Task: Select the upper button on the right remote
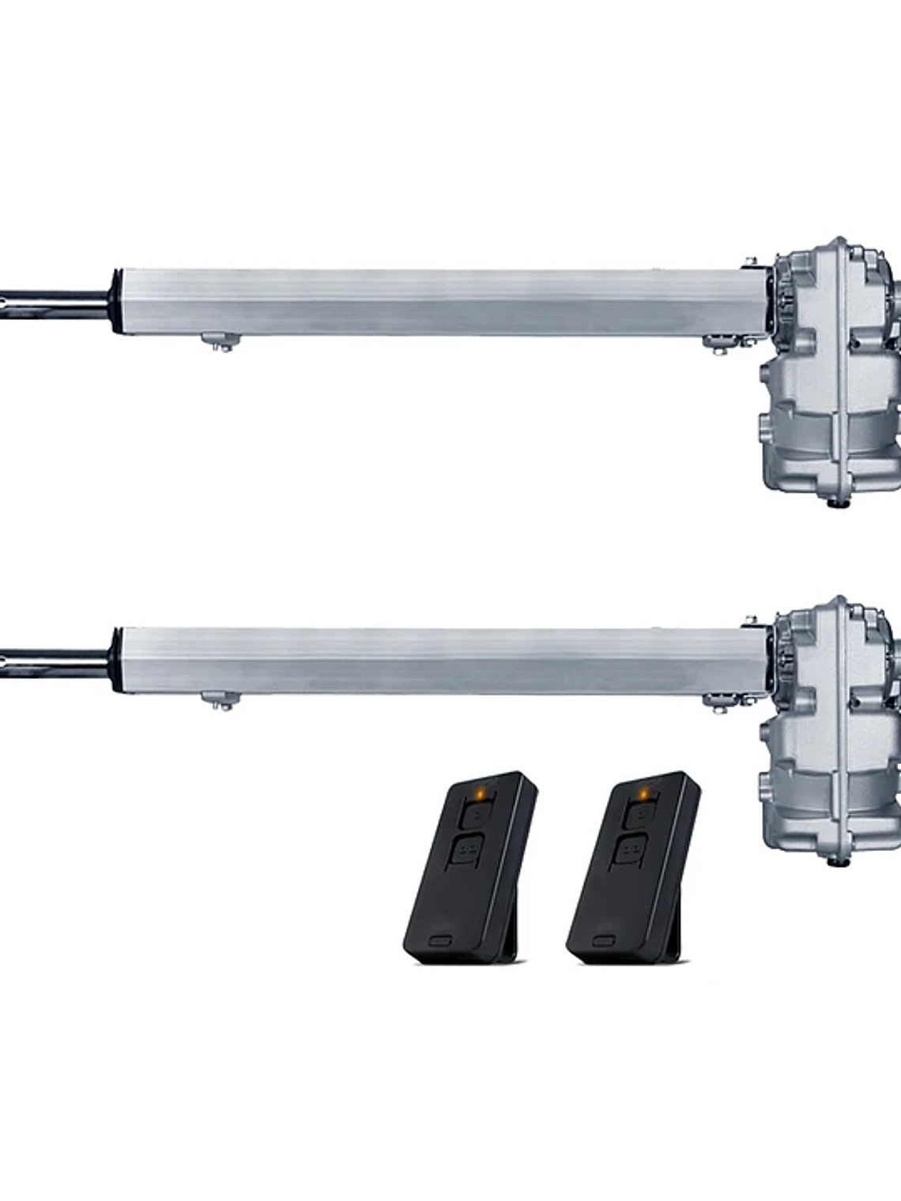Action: click(x=637, y=814)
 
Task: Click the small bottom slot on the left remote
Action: click(x=440, y=940)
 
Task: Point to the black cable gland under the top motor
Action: click(x=833, y=501)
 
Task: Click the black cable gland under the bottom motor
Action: click(x=833, y=860)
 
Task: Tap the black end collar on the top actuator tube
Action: click(x=116, y=303)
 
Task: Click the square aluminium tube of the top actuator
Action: click(x=435, y=302)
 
